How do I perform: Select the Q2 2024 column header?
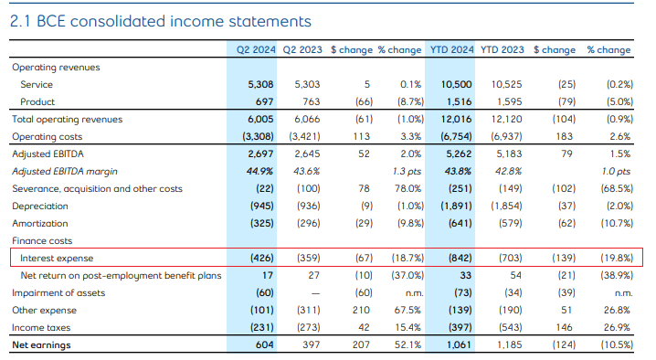tap(253, 49)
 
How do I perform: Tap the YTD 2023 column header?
tap(502, 49)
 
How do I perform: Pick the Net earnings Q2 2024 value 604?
tap(260, 344)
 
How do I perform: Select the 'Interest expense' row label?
tap(57, 258)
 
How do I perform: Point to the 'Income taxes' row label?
tap(40, 327)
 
